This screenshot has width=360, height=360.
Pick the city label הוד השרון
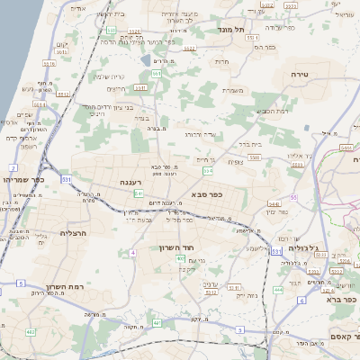[x=177, y=248]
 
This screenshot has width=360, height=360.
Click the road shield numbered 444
[x=278, y=290]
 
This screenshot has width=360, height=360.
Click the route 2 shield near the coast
[x=13, y=168]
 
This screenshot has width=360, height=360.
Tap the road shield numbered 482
[x=30, y=333]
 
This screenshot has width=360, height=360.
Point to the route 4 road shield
[x=132, y=253]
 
